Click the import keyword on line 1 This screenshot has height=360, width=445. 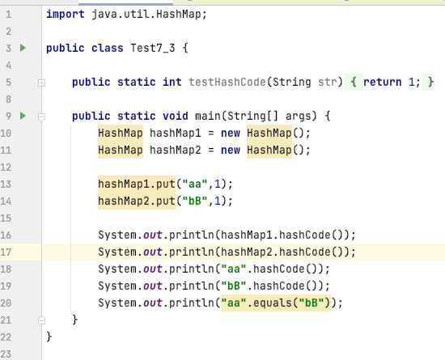[66, 14]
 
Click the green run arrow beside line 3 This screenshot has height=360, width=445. [23, 48]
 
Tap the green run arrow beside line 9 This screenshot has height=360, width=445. [23, 116]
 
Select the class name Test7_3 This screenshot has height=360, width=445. [153, 49]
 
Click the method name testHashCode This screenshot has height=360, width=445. [227, 82]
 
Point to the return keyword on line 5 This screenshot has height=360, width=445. [382, 82]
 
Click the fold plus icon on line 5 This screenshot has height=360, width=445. [41, 83]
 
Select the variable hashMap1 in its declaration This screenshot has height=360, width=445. [175, 133]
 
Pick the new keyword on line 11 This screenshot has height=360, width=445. [231, 150]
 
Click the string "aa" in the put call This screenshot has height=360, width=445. [195, 184]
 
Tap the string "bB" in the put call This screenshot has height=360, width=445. [195, 201]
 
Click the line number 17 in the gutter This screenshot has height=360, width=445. [6, 252]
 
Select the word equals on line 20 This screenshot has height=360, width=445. [273, 303]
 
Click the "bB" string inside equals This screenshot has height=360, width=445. [311, 303]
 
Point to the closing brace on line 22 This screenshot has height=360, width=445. [49, 337]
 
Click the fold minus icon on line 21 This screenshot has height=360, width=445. [41, 320]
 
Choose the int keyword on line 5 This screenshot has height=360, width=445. [172, 82]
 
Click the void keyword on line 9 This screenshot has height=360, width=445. [175, 116]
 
